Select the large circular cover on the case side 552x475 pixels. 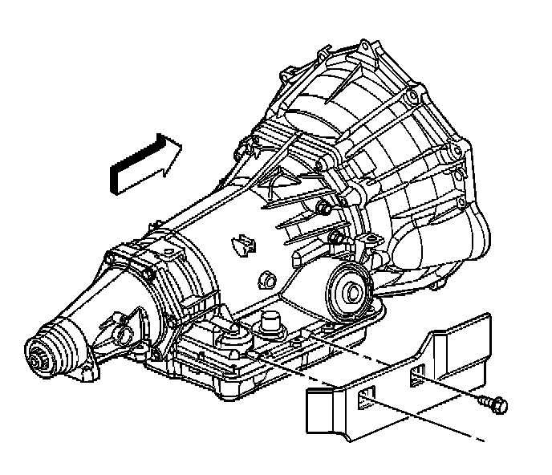click(350, 290)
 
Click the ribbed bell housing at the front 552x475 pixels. click(401, 160)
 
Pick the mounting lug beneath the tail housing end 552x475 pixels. click(87, 371)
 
